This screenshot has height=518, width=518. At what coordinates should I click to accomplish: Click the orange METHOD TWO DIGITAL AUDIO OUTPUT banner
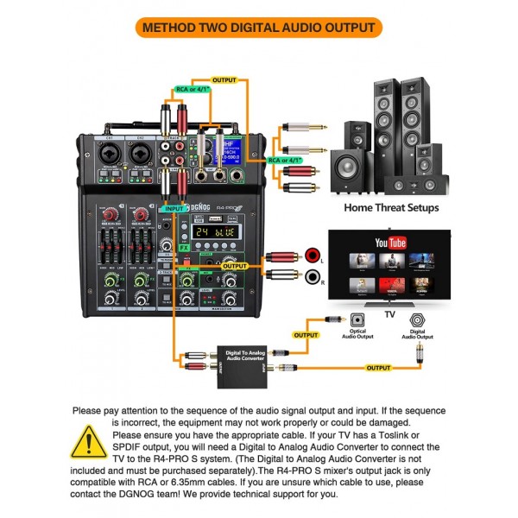(259, 27)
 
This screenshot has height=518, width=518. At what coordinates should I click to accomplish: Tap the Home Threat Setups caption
(391, 207)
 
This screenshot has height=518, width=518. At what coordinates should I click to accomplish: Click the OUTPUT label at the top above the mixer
(224, 80)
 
